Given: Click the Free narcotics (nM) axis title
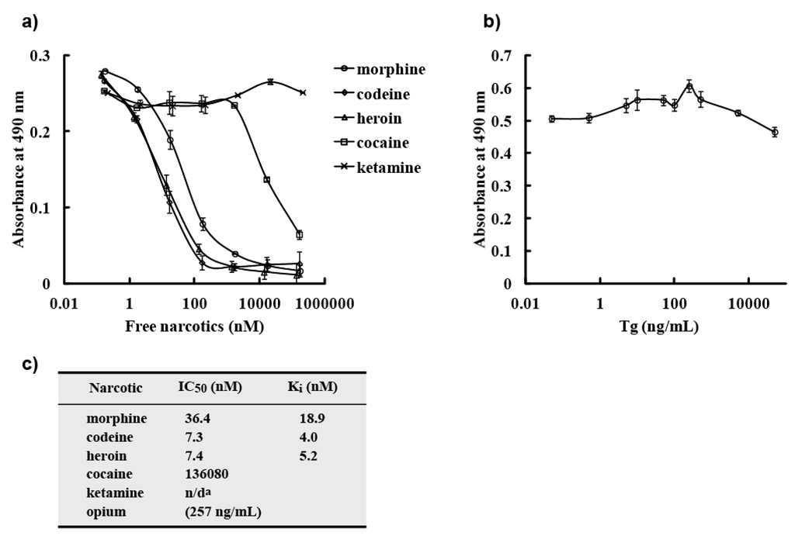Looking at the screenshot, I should (x=194, y=327).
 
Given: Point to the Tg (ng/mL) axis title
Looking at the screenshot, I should (x=658, y=327).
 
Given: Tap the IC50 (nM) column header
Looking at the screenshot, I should (x=210, y=387).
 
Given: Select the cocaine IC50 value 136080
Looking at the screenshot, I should (x=207, y=473).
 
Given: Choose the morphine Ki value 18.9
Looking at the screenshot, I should (x=312, y=418).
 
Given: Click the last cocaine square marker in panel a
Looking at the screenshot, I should (x=299, y=234).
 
